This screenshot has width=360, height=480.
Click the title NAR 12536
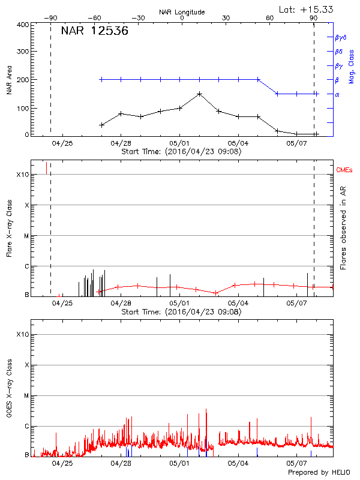click(94, 32)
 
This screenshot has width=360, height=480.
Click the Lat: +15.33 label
click(307, 9)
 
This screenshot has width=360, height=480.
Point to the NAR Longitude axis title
click(182, 12)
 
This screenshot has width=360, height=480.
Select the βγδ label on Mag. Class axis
click(341, 37)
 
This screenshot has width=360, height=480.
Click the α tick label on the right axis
click(337, 94)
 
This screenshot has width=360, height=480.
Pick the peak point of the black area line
click(200, 94)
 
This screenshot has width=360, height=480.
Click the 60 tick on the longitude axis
click(270, 19)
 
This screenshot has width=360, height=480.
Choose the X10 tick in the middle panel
click(23, 175)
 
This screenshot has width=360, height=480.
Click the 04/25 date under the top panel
click(62, 143)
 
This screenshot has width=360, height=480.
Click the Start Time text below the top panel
click(181, 152)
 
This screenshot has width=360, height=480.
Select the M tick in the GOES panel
click(26, 396)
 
